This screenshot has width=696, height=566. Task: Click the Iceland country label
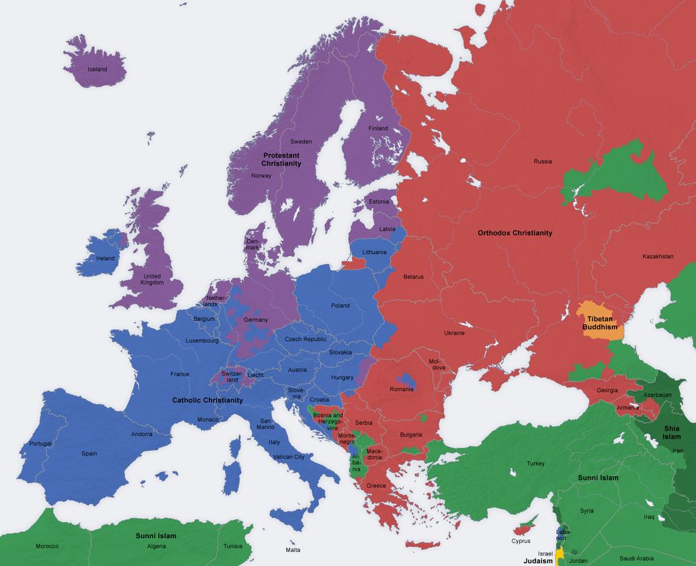pyautogui.click(x=97, y=70)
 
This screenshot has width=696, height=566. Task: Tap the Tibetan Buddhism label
pyautogui.click(x=600, y=322)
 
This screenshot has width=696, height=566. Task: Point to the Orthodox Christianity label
pyautogui.click(x=515, y=233)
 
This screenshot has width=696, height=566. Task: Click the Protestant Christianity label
pyautogui.click(x=281, y=159)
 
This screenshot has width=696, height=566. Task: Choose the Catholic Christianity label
pyautogui.click(x=207, y=400)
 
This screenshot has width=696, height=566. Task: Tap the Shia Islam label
pyautogui.click(x=671, y=432)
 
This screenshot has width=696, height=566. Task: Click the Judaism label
pyautogui.click(x=538, y=560)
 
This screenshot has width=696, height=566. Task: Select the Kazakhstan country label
pyautogui.click(x=658, y=256)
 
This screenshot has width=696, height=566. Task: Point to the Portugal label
pyautogui.click(x=41, y=443)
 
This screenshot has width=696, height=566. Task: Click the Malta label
pyautogui.click(x=293, y=550)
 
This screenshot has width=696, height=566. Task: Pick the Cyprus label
pyautogui.click(x=521, y=541)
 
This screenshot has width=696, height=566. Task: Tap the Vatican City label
pyautogui.click(x=289, y=457)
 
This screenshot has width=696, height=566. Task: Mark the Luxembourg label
pyautogui.click(x=202, y=341)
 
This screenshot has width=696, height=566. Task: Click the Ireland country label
pyautogui.click(x=105, y=258)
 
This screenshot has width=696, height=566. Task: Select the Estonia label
pyautogui.click(x=379, y=202)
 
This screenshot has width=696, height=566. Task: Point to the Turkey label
pyautogui.click(x=536, y=464)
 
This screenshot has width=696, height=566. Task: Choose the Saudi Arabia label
pyautogui.click(x=636, y=558)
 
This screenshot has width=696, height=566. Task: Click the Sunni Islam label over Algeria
pyautogui.click(x=155, y=536)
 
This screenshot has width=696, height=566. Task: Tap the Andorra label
pyautogui.click(x=142, y=434)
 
